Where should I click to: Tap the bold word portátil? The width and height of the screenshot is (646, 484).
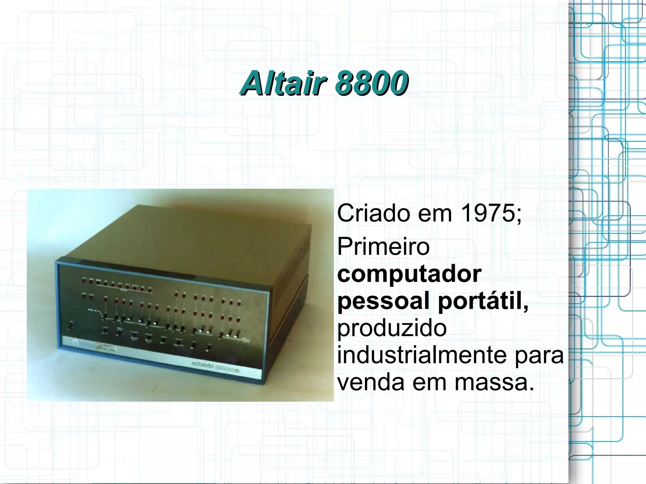point(483,301)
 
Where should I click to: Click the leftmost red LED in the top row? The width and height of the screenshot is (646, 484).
point(84,279)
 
